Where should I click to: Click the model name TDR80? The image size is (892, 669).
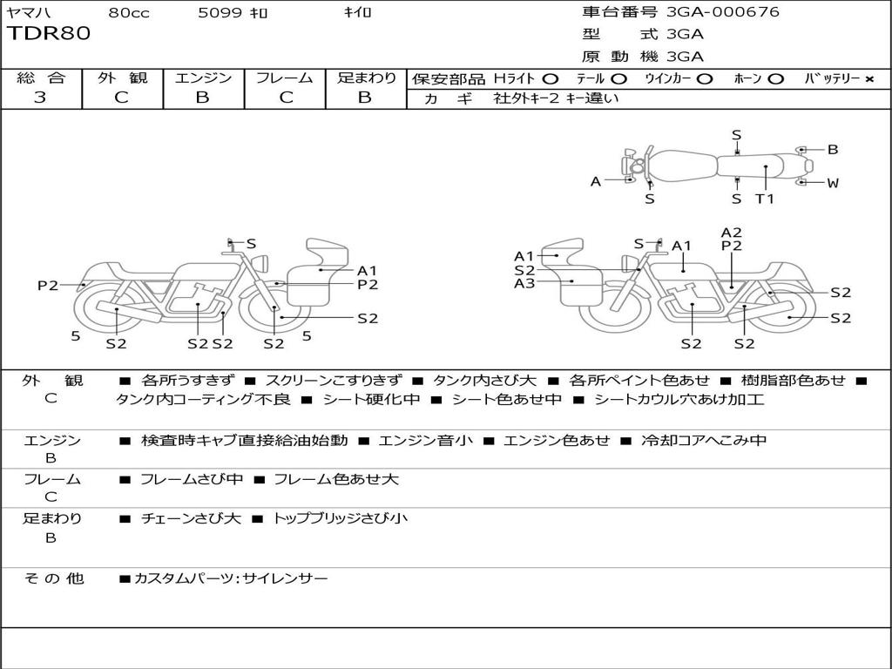[49, 34]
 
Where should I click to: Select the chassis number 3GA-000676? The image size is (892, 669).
[723, 12]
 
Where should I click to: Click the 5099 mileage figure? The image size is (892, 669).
[220, 13]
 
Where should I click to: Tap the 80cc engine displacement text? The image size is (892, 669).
[127, 13]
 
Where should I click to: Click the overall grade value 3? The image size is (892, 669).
[40, 98]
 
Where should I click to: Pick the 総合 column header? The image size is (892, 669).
[41, 78]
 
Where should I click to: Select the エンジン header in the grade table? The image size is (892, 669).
[203, 78]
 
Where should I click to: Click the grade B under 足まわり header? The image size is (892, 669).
[365, 98]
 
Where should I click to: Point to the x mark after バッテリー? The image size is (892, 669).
[868, 78]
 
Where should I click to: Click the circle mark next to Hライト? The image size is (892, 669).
[550, 78]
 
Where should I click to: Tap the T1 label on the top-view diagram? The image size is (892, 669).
[764, 199]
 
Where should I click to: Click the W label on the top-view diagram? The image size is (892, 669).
[833, 183]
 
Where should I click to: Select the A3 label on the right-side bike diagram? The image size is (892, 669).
[524, 283]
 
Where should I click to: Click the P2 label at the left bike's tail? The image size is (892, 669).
[48, 285]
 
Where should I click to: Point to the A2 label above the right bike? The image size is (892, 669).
[732, 232]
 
